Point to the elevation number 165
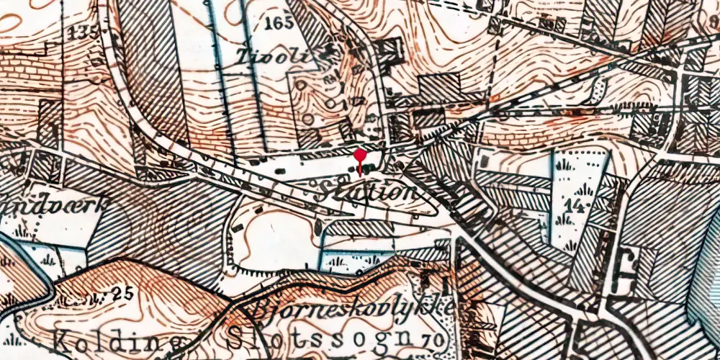tap(279, 22)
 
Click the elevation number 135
tap(84, 33)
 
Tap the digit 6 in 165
tap(279, 22)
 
